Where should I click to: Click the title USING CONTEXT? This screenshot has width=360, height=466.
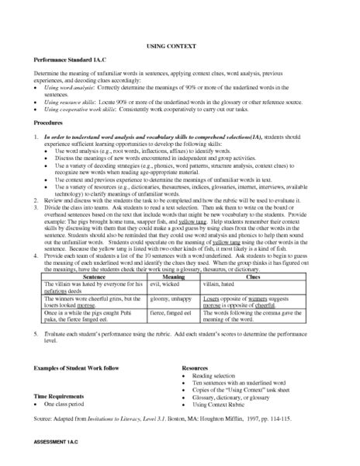(179, 46)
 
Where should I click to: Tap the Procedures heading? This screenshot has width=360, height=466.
(48, 123)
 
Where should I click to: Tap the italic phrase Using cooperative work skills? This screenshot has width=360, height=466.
(84, 110)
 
